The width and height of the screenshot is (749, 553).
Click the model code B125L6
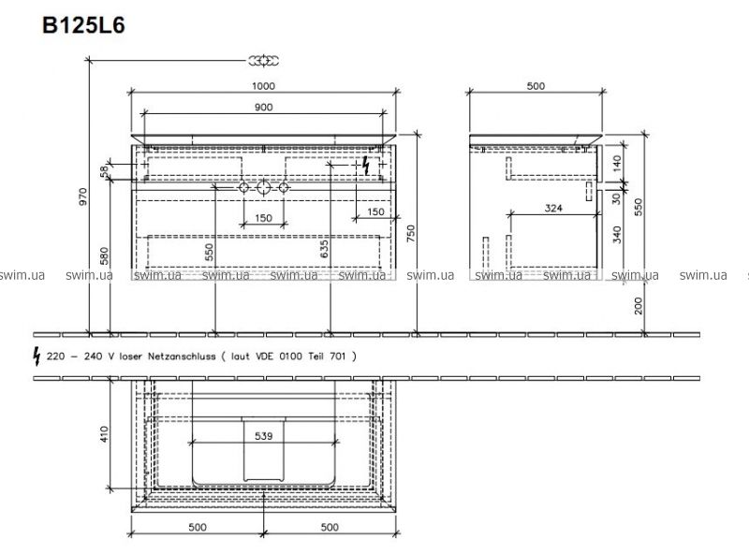pos(83,25)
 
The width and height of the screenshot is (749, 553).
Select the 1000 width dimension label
pos(264,86)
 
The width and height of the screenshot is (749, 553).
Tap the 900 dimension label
pos(264,108)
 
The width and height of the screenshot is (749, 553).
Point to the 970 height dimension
pos(83,196)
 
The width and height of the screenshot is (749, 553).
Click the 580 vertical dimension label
pos(104,256)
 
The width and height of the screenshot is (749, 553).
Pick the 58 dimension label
pos(104,170)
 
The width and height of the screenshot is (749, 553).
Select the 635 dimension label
pos(324,249)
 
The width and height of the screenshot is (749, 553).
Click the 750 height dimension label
pos(411,234)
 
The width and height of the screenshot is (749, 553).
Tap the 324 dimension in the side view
pos(553,209)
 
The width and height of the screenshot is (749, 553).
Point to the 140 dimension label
pos(617,164)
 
